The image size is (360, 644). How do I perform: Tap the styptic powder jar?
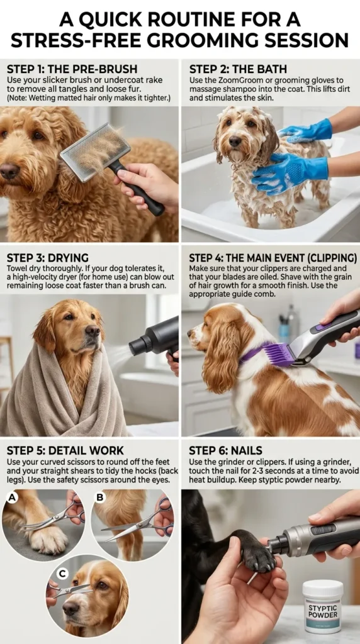pos(322,606)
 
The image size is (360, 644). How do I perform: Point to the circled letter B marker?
pos(99,497)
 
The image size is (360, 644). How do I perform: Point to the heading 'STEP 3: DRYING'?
pos(47,258)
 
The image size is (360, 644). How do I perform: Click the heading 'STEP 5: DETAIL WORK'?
pos(65,450)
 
